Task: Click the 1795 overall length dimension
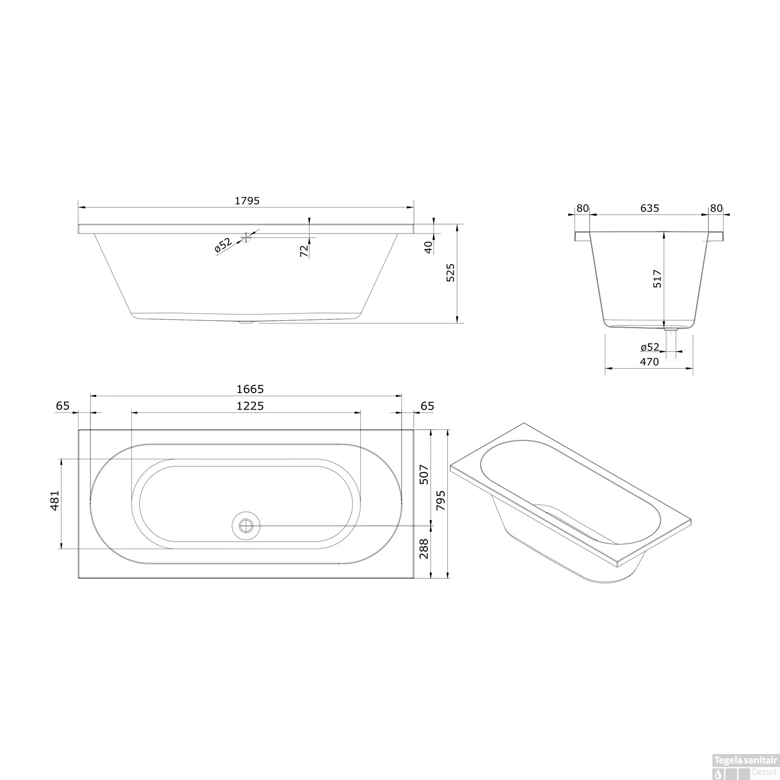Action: (x=246, y=201)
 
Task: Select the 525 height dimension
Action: (x=450, y=272)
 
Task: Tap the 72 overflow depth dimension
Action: (x=304, y=251)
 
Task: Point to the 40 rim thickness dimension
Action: (x=428, y=247)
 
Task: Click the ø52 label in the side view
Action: (x=223, y=245)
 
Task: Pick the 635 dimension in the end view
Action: (x=649, y=208)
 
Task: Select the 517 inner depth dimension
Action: (x=657, y=279)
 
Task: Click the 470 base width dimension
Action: (x=649, y=362)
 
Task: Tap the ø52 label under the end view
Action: (x=649, y=347)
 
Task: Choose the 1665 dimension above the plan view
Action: (x=250, y=389)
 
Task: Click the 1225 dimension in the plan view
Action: (x=250, y=406)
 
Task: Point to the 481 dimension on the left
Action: (x=55, y=500)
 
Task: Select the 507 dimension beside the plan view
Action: (x=424, y=474)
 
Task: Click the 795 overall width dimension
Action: (x=441, y=500)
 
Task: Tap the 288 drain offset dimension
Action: (x=424, y=549)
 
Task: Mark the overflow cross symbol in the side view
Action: (x=245, y=238)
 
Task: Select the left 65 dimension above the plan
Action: (x=63, y=406)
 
